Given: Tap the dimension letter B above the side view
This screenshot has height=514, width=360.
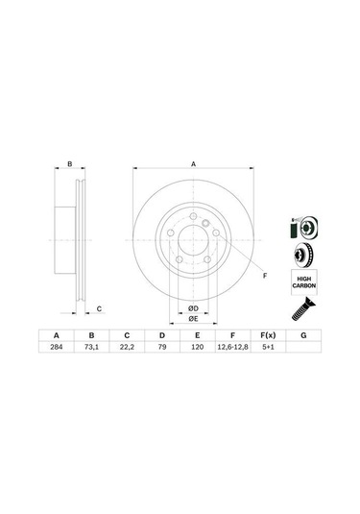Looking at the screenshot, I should (70, 164).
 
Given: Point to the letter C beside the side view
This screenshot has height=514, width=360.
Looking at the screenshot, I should (100, 307).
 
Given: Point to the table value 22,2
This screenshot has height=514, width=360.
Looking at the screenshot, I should (125, 349).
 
